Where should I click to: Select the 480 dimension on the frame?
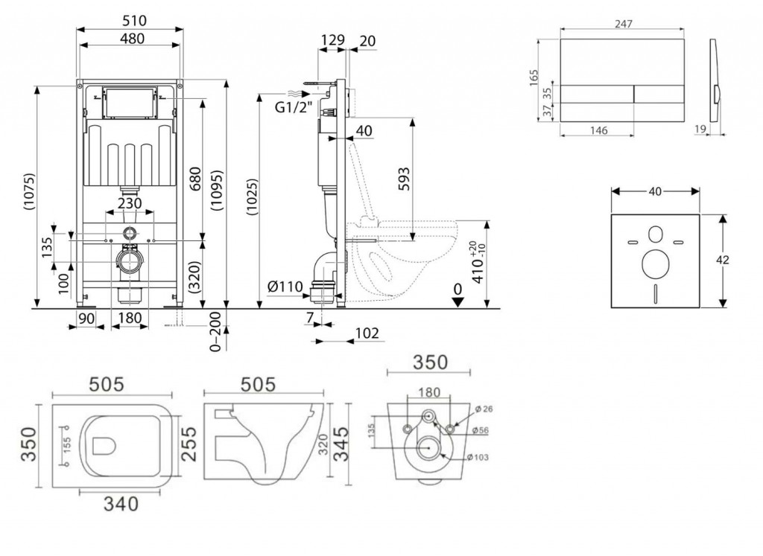132,39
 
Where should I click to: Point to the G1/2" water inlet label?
293,106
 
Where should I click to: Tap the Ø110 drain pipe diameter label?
285,287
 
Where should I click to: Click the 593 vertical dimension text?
403,179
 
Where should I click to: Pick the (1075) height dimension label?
30,191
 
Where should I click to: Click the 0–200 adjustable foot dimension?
215,331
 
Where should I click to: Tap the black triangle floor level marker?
458,301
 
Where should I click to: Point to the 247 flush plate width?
624,24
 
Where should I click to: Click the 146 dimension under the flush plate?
598,130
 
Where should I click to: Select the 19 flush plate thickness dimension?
700,129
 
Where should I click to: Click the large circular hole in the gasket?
655,264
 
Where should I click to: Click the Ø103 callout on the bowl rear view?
478,457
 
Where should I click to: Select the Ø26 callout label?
484,409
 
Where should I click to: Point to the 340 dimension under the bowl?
121,504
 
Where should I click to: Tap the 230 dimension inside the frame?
130,202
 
